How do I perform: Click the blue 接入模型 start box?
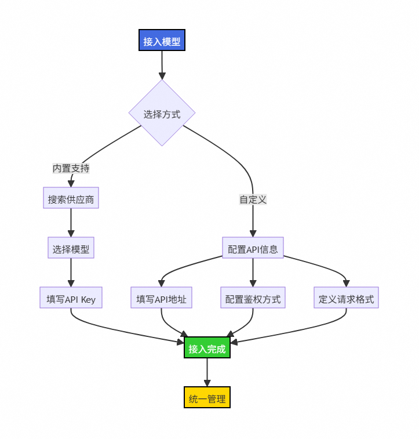(x=162, y=41)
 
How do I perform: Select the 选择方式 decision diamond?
(x=162, y=114)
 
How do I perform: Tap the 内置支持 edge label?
(x=71, y=168)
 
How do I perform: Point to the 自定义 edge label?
(x=253, y=199)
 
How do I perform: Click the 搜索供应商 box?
(x=71, y=199)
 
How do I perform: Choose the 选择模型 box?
(x=71, y=249)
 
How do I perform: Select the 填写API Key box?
(x=71, y=299)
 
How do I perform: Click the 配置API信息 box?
(x=253, y=249)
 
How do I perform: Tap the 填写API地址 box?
(x=161, y=299)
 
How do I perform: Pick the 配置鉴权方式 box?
(x=253, y=299)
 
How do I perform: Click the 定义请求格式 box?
(x=346, y=299)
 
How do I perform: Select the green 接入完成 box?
(x=207, y=349)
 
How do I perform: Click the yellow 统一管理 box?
(x=207, y=399)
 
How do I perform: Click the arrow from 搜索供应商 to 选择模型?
(x=71, y=224)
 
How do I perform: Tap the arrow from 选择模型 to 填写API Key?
(x=71, y=273)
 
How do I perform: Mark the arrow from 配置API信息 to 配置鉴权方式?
(x=253, y=273)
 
